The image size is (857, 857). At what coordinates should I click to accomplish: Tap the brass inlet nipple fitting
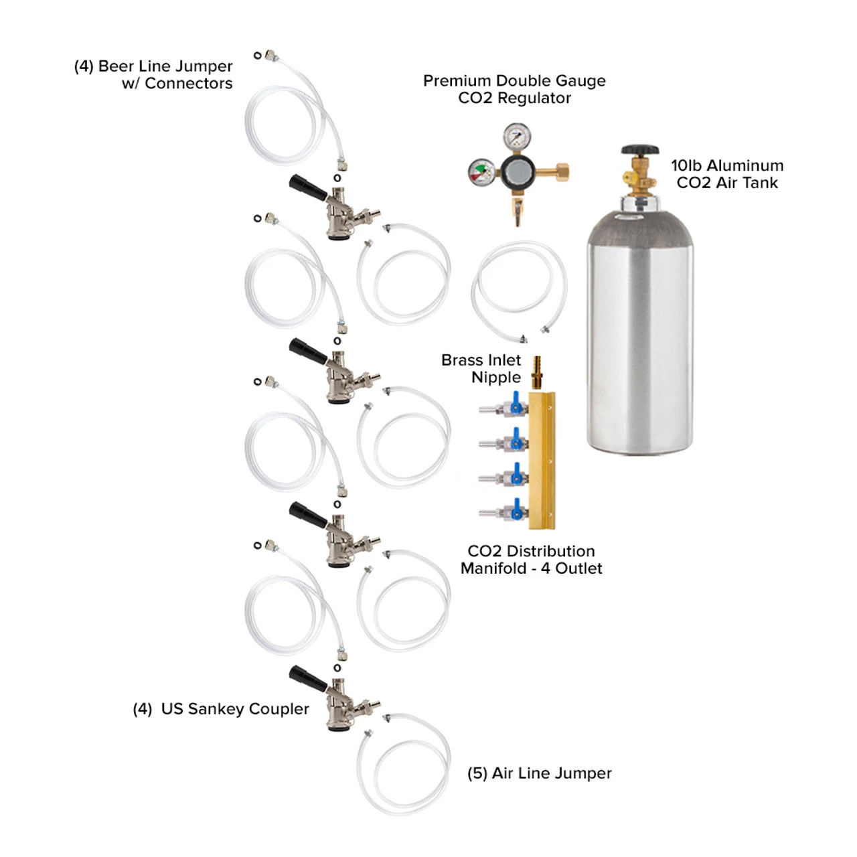pos(536,372)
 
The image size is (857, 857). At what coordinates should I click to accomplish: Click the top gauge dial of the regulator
pos(517,137)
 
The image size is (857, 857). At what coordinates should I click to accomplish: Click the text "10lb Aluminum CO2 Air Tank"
pos(727,174)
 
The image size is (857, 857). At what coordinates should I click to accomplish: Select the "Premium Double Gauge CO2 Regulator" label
pos(514,89)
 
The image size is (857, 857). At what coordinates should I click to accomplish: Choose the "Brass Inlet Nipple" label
pos(481,368)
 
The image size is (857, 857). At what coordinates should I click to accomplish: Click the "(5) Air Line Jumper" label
pos(539,773)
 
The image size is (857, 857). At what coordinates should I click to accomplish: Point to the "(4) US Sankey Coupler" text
pos(221,709)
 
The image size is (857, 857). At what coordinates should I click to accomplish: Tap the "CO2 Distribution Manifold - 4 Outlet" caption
pos(532,560)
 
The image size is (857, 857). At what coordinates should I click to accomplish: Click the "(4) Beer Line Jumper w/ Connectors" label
pos(154,74)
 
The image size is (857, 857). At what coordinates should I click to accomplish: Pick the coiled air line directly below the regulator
pos(519,291)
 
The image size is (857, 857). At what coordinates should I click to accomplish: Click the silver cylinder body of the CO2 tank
pos(639,335)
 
